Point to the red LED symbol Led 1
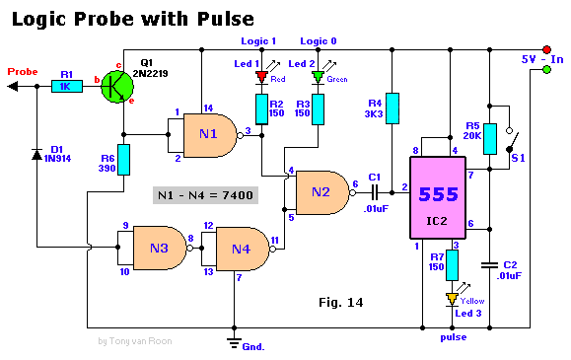click(261, 77)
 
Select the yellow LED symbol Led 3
click(452, 298)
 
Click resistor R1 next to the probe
click(66, 87)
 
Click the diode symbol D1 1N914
click(37, 154)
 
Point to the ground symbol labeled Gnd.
click(234, 341)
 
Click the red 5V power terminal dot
click(545, 48)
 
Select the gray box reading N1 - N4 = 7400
click(205, 195)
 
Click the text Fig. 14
click(342, 302)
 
